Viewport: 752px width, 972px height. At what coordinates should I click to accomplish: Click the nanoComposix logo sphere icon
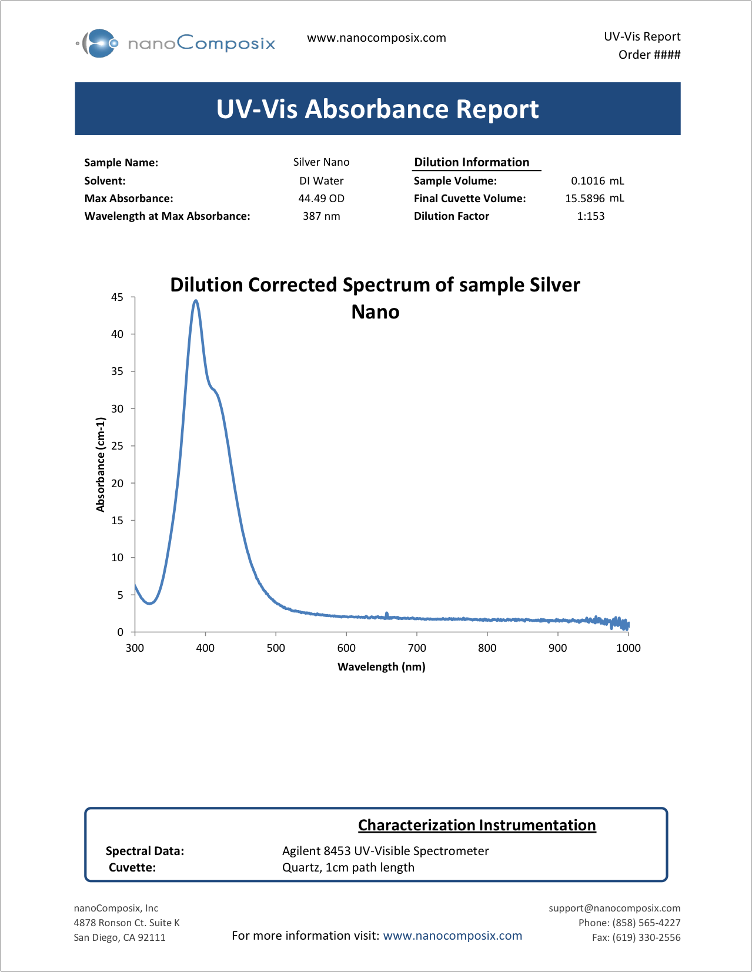[99, 43]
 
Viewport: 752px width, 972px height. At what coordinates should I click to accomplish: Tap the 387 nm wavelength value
[321, 216]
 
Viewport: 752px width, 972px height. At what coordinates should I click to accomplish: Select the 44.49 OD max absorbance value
[321, 199]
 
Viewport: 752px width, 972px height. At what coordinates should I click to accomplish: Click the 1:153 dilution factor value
[590, 216]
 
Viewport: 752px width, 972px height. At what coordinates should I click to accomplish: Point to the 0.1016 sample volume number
[587, 181]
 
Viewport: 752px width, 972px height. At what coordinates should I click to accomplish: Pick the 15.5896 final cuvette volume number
[584, 199]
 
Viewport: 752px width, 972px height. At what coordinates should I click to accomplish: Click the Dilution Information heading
[472, 162]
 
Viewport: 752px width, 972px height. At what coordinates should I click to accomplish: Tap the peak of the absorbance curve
[196, 301]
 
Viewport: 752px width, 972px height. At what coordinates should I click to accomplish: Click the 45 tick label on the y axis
[118, 297]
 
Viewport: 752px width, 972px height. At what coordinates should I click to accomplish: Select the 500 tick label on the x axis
[276, 648]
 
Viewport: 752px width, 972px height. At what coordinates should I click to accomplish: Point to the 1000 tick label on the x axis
[628, 648]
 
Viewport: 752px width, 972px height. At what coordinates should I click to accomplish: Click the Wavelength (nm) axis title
[381, 667]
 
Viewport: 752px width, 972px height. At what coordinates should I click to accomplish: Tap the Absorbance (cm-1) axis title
[101, 464]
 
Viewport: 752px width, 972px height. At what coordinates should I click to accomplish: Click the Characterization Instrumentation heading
[477, 825]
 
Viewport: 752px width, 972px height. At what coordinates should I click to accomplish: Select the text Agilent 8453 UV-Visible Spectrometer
[385, 851]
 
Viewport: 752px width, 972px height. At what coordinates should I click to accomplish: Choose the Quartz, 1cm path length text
[348, 867]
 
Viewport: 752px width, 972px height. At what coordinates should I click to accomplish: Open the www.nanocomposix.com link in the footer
[452, 936]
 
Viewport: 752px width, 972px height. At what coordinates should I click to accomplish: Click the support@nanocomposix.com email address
[614, 908]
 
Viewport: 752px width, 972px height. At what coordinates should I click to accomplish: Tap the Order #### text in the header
[649, 55]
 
